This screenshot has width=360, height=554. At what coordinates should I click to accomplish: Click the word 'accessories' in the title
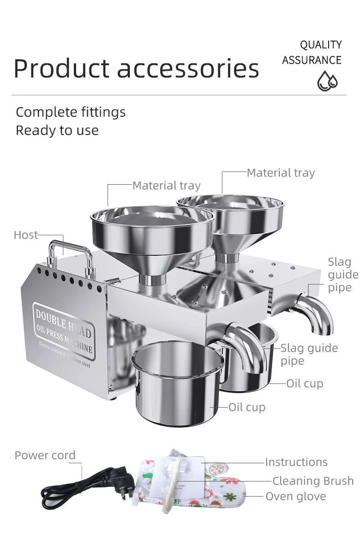188,68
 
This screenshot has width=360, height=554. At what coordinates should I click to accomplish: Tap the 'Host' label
26,235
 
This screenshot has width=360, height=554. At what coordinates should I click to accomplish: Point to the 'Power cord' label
45,455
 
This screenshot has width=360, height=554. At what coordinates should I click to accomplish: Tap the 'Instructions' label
296,462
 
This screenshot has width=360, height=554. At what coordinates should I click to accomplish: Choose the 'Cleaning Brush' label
313,481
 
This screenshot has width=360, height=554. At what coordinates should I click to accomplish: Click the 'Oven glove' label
296,496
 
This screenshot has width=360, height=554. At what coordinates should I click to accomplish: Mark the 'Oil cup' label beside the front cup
247,407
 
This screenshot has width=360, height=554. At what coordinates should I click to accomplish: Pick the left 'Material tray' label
166,186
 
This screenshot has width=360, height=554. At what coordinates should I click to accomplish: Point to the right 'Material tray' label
281,173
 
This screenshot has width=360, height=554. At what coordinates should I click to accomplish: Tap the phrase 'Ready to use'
57,130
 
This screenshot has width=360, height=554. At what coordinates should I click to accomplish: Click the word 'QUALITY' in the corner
320,45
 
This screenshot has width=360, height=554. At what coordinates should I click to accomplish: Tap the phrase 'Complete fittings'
71,112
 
